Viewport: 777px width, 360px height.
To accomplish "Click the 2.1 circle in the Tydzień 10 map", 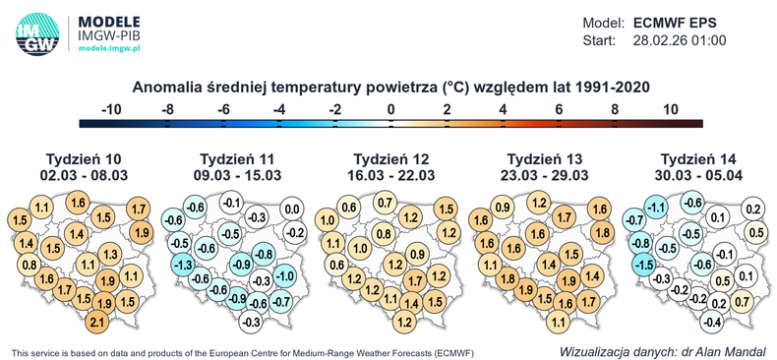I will click(96, 323).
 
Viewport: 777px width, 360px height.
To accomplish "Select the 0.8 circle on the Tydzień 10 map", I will click(30, 265).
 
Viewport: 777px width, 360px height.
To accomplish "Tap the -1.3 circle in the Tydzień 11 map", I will click(182, 265).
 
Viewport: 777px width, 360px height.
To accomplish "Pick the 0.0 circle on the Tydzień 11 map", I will click(292, 209).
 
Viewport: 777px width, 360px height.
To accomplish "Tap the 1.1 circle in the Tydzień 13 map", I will click(558, 322).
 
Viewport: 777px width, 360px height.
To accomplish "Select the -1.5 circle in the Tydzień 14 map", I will click(644, 265).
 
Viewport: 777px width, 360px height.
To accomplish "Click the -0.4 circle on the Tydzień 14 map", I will click(713, 322).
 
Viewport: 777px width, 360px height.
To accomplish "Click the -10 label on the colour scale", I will click(112, 108).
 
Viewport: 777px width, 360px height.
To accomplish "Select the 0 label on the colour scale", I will click(391, 108).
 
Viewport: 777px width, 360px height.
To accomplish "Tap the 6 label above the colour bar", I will click(559, 108).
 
